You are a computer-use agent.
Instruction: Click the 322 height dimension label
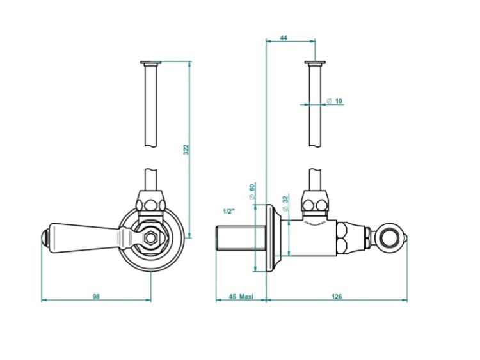(x=186, y=150)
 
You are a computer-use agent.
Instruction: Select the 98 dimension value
(x=96, y=297)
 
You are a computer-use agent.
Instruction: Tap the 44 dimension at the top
(x=284, y=38)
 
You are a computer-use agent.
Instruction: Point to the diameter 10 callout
(x=334, y=101)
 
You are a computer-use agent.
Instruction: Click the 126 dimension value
(x=337, y=297)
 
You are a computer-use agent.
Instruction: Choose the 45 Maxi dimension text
(x=241, y=297)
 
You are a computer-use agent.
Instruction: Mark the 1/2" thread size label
(x=228, y=212)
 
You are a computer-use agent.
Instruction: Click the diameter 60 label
(x=252, y=191)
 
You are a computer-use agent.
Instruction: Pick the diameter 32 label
(x=285, y=203)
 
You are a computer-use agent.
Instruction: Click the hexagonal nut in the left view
(x=150, y=237)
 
